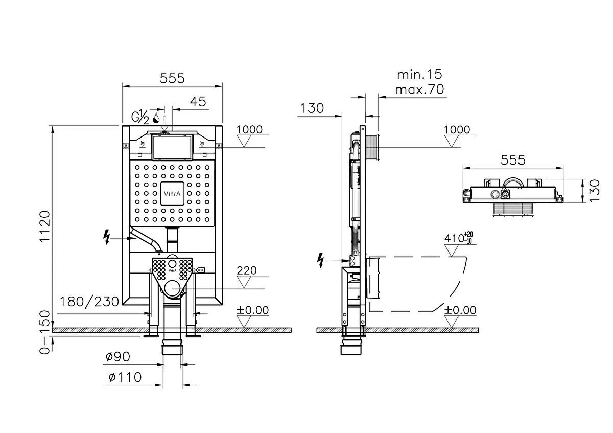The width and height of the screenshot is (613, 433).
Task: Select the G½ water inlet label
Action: (x=140, y=117)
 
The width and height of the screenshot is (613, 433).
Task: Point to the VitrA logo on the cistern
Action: (x=172, y=193)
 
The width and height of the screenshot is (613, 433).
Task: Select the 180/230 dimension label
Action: (x=89, y=301)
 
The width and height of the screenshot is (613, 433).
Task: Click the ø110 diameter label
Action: (x=124, y=378)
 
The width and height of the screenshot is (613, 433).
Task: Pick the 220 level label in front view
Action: (x=247, y=270)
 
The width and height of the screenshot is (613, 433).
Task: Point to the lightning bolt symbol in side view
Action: (x=321, y=260)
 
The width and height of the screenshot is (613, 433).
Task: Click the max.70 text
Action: (x=419, y=89)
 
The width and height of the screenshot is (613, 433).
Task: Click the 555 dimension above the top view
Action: (x=513, y=160)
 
